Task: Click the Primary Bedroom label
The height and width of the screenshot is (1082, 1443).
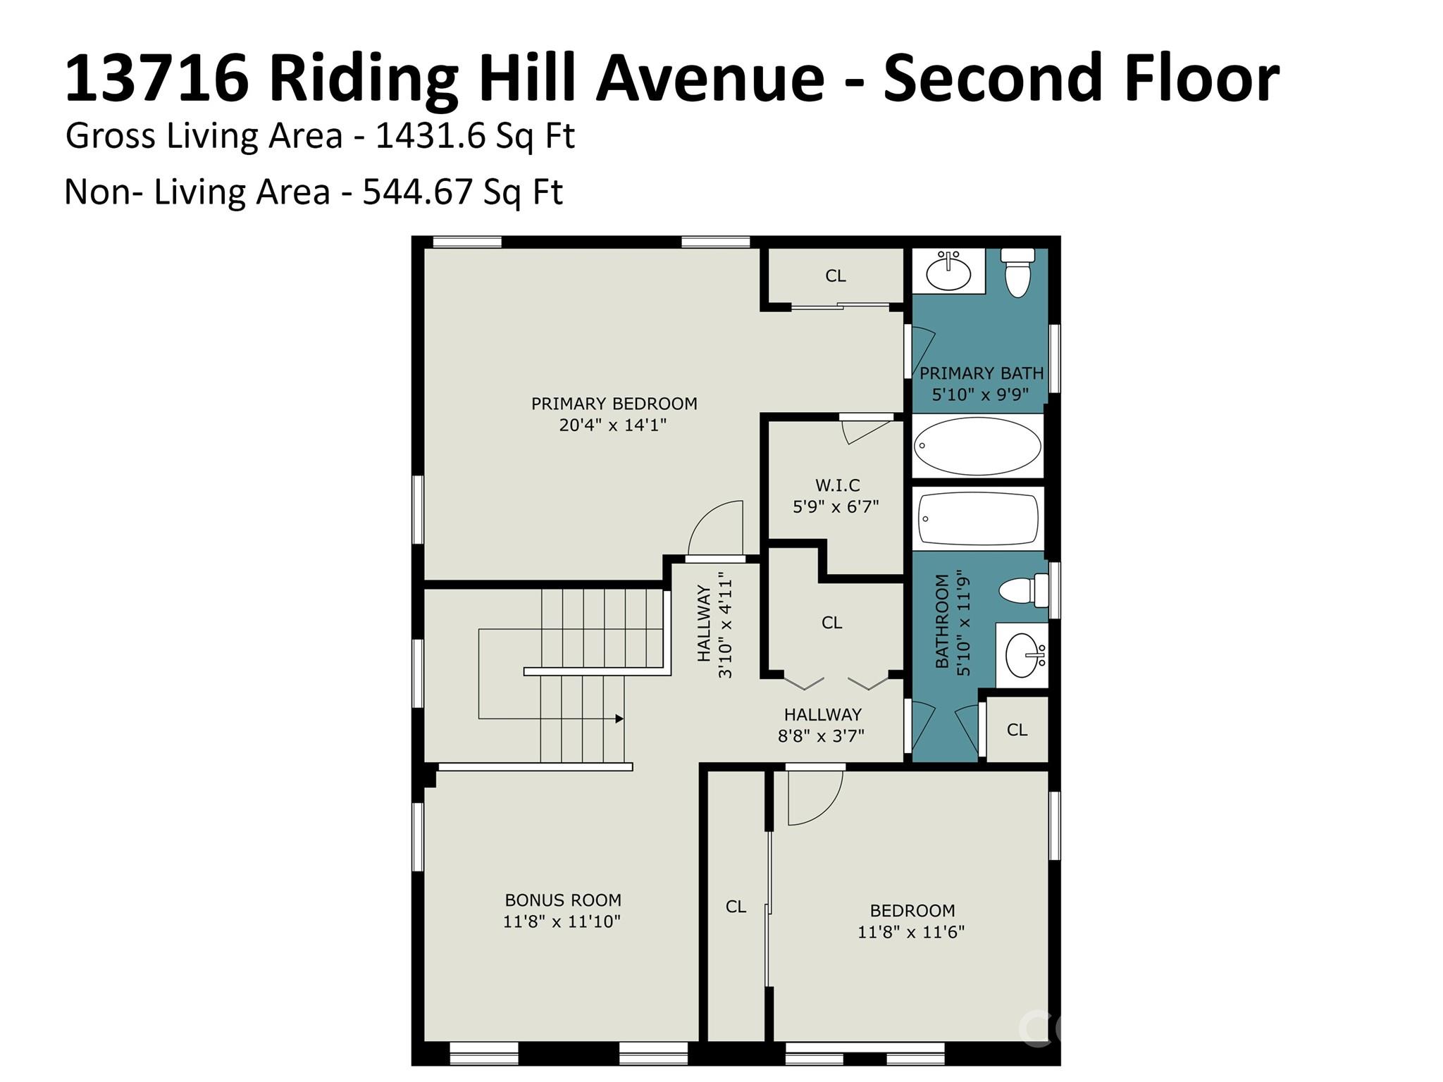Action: pos(614,404)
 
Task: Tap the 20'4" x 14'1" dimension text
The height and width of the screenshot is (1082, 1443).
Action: pos(613,425)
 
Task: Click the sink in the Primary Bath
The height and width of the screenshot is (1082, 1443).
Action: pos(948,270)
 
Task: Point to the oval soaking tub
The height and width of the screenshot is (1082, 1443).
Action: pos(977,446)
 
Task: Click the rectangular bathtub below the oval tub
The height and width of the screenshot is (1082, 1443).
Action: pos(978,518)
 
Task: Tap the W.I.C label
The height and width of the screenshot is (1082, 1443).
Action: pos(838,485)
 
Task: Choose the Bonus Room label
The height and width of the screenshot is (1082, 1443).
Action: pos(563,900)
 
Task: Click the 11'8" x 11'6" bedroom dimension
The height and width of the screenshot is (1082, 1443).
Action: pos(911,932)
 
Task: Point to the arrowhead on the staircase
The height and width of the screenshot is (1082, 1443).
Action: pos(619,719)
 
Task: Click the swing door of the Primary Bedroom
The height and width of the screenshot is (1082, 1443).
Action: pos(716,529)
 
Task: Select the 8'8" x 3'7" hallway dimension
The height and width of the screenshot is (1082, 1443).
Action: pos(822,736)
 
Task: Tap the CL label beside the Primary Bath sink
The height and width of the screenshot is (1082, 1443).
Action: pos(836,276)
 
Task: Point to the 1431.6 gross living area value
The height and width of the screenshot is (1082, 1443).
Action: pos(431,136)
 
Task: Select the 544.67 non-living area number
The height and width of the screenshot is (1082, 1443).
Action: pos(418,192)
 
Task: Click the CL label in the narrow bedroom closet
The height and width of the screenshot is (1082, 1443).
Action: pos(736,907)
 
